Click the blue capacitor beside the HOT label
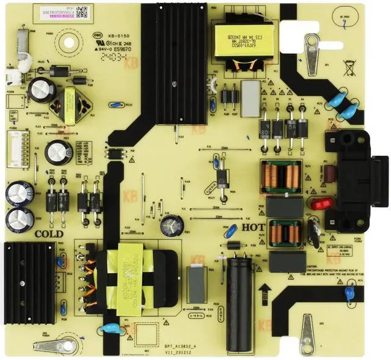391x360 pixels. [230, 232]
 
